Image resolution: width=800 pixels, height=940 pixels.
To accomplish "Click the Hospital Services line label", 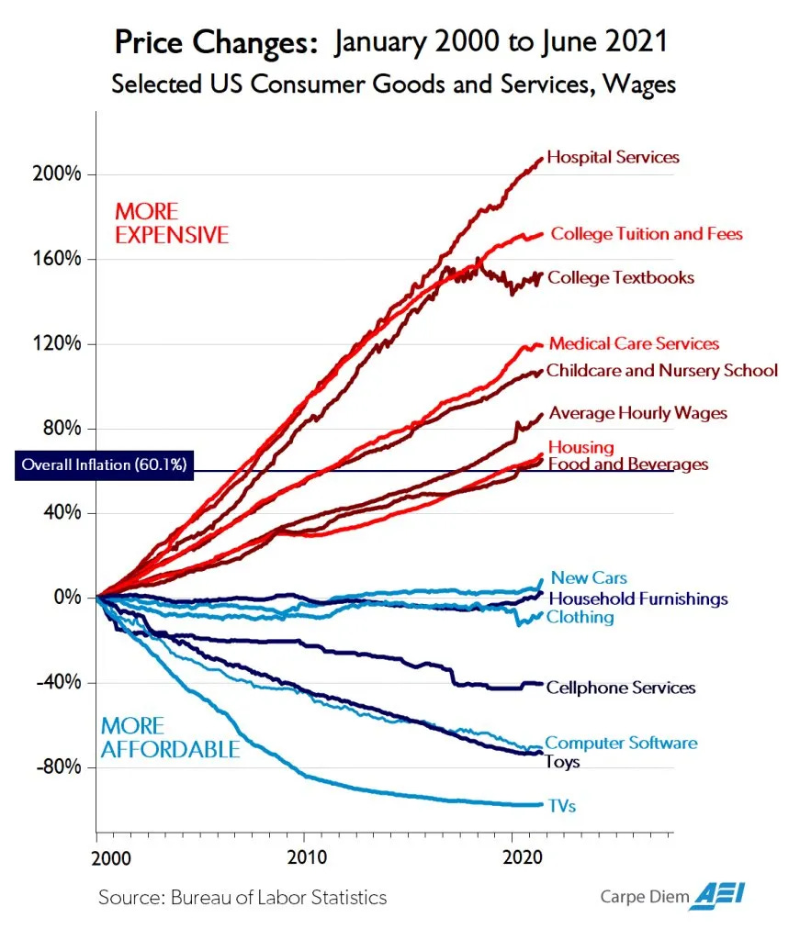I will [613, 157].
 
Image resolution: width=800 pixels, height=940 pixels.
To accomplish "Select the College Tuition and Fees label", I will [646, 234].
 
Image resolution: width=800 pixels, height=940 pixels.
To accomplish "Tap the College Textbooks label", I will [621, 277].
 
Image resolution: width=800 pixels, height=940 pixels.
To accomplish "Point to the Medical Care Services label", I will [634, 343].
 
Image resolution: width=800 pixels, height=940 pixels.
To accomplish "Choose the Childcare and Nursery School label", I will [661, 371].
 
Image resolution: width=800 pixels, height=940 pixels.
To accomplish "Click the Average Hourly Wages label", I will [637, 413].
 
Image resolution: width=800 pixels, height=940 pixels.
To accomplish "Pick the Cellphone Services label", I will [621, 688].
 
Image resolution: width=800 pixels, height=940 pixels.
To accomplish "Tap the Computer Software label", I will [621, 743].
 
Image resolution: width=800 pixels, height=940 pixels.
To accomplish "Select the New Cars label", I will [589, 577].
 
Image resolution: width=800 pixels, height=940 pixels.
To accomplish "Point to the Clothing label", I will [580, 617].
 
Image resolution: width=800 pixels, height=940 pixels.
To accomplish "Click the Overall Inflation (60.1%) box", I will [104, 465].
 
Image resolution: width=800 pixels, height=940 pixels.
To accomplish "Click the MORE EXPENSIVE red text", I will [171, 223].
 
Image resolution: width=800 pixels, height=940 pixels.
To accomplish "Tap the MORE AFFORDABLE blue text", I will [170, 738].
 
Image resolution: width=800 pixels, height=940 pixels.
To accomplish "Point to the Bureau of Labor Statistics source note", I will [242, 897].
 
